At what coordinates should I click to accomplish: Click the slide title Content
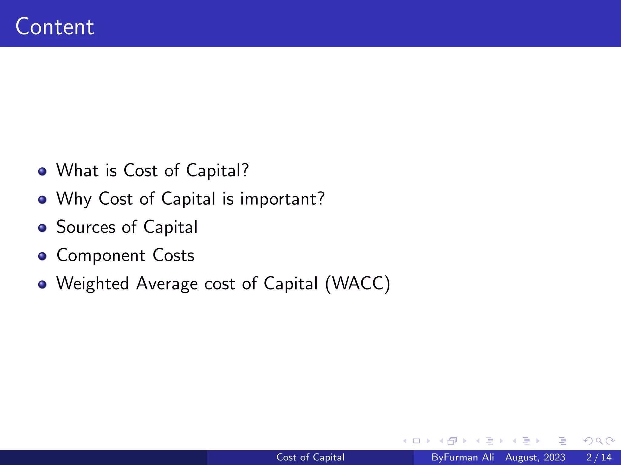point(55,27)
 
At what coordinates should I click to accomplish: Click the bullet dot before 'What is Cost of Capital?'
point(42,172)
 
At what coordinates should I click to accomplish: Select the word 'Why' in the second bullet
point(74,199)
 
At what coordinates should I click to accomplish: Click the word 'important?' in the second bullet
point(282,199)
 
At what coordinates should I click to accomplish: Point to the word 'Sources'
point(86,227)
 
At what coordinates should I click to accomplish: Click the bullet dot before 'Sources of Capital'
point(42,228)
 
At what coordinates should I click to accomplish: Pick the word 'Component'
point(101,256)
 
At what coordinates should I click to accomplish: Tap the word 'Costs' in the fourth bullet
point(173,255)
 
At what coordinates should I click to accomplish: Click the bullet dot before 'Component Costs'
point(42,256)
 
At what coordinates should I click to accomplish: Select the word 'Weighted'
point(93,284)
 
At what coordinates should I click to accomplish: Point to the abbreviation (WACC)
point(357,284)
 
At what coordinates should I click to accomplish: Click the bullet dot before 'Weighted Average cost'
point(42,285)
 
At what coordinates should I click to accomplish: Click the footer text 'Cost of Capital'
point(310,457)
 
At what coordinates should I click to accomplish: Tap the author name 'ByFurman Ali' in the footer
point(463,457)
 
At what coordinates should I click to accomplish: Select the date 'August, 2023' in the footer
point(535,457)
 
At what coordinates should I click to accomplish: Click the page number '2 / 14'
point(599,457)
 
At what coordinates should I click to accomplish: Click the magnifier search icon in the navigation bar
point(599,441)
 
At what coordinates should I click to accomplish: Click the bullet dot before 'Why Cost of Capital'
point(42,200)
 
